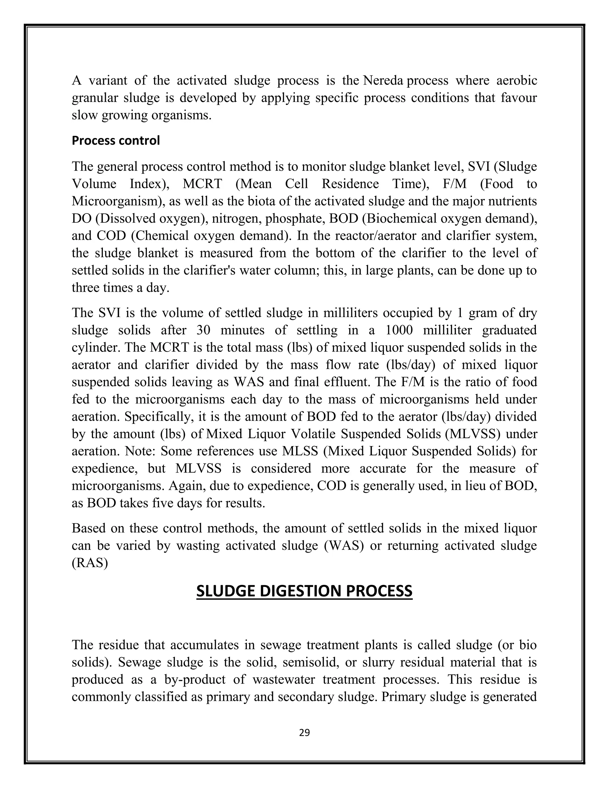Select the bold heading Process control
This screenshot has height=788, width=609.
(115, 140)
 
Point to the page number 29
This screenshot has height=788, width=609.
(304, 732)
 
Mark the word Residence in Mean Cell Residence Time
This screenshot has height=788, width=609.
(350, 184)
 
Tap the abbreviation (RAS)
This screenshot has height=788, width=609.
(90, 563)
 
